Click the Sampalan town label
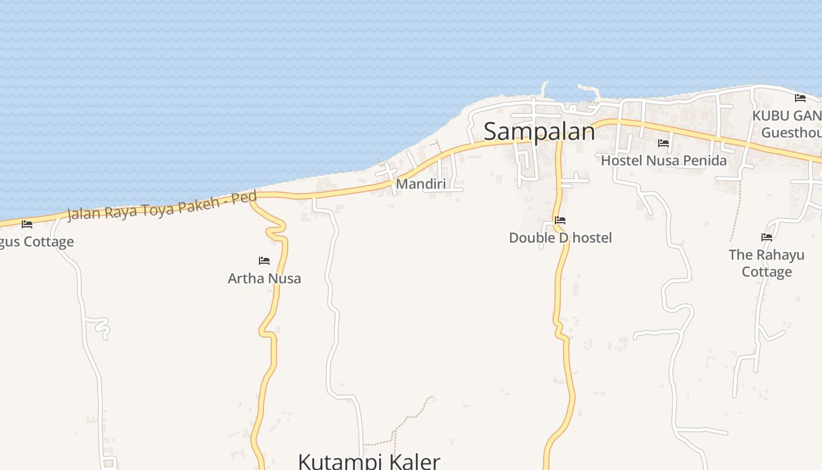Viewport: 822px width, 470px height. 539,132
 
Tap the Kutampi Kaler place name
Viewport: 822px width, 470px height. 369,461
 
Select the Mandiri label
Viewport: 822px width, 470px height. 420,184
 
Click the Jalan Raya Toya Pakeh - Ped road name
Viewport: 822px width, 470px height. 162,205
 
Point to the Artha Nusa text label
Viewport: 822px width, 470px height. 264,278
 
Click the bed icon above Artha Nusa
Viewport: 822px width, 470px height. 264,261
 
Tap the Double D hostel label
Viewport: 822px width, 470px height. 560,237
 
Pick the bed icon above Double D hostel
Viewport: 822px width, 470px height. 560,221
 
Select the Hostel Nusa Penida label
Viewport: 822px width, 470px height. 663,160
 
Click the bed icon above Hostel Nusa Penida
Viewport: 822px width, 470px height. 663,143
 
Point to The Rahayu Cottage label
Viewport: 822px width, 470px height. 766,263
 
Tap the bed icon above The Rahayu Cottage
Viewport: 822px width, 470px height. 767,237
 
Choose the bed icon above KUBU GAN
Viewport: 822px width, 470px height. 800,98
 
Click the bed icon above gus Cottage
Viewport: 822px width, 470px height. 27,224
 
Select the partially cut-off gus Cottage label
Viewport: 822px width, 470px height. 36,241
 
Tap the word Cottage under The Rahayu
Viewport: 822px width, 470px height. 766,271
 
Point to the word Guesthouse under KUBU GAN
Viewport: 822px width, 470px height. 791,133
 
